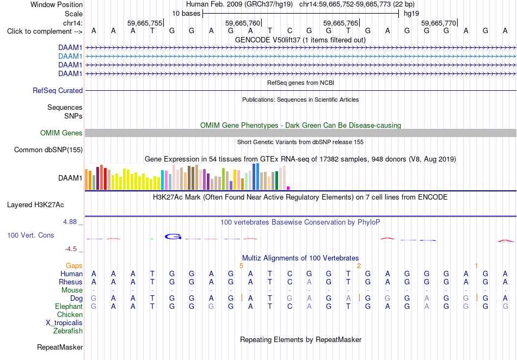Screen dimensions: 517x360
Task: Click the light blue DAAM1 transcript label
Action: point(70,57)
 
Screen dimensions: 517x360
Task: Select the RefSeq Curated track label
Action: point(58,91)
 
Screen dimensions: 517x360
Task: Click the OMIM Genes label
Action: point(61,133)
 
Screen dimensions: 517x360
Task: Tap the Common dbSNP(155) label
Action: point(48,150)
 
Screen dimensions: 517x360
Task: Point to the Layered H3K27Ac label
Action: point(35,205)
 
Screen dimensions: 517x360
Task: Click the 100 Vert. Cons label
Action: point(30,235)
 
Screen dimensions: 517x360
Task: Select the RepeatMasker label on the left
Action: point(60,347)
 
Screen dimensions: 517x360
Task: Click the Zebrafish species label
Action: point(68,331)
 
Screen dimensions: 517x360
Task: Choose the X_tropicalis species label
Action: point(64,323)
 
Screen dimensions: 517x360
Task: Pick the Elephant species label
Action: point(69,306)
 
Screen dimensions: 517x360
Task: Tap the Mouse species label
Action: point(72,290)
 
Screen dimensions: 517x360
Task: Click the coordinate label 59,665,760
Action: point(243,23)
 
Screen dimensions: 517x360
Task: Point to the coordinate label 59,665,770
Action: point(439,23)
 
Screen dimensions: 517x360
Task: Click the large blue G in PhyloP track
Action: point(173,237)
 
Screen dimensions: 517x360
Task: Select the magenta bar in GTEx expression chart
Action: point(288,188)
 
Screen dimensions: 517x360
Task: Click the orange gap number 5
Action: point(241,266)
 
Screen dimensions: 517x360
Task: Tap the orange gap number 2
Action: point(359,266)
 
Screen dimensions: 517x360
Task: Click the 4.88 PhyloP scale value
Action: point(70,222)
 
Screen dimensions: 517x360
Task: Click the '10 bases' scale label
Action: point(186,14)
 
